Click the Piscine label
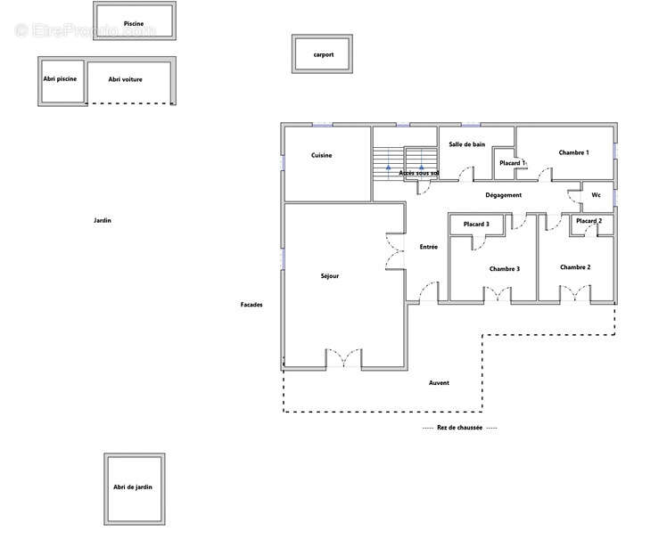pos(134,24)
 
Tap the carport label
pos(324,54)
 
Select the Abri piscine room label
pos(60,79)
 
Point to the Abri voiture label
pos(125,79)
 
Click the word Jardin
pos(103,220)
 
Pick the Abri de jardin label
pos(133,487)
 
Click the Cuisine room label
pos(322,155)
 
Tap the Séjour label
pos(330,276)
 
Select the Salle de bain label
pos(466,144)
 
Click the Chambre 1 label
pos(574,152)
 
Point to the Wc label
pos(596,195)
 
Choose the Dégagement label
pos(503,195)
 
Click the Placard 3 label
pos(476,224)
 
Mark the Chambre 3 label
pos(505,269)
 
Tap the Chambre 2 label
pos(575,267)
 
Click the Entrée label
pos(428,247)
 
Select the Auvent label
pos(439,382)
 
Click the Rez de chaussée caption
pos(459,428)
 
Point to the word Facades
pos(251,305)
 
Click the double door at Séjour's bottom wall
pos(343,358)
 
